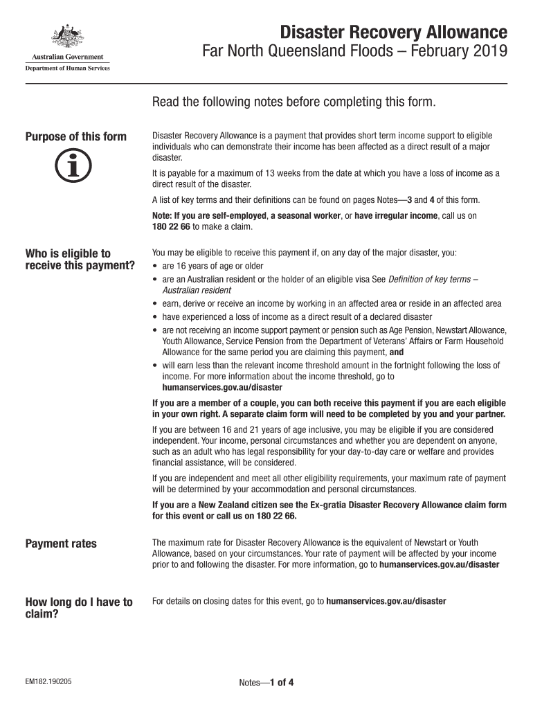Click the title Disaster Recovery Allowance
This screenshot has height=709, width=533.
coord(393,32)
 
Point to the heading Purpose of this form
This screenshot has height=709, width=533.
coord(76,136)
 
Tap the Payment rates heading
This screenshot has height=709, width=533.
coord(61,544)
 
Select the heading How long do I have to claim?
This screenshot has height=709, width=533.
coord(78,608)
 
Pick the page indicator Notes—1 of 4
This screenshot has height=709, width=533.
coord(266,683)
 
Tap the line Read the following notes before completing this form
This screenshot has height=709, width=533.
coord(294,102)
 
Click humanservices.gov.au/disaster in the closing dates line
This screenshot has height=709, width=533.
coord(386,601)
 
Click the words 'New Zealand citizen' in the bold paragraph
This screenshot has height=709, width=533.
coord(226,505)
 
